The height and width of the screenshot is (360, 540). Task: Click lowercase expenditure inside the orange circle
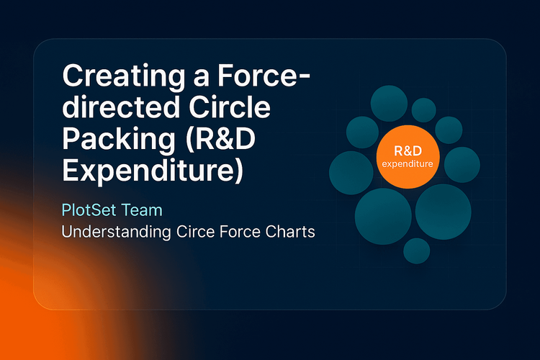point(408,165)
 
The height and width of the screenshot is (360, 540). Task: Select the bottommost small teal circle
point(416,251)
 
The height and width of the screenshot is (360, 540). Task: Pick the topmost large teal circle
point(390,105)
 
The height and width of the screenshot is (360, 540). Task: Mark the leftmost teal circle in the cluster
point(351,172)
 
